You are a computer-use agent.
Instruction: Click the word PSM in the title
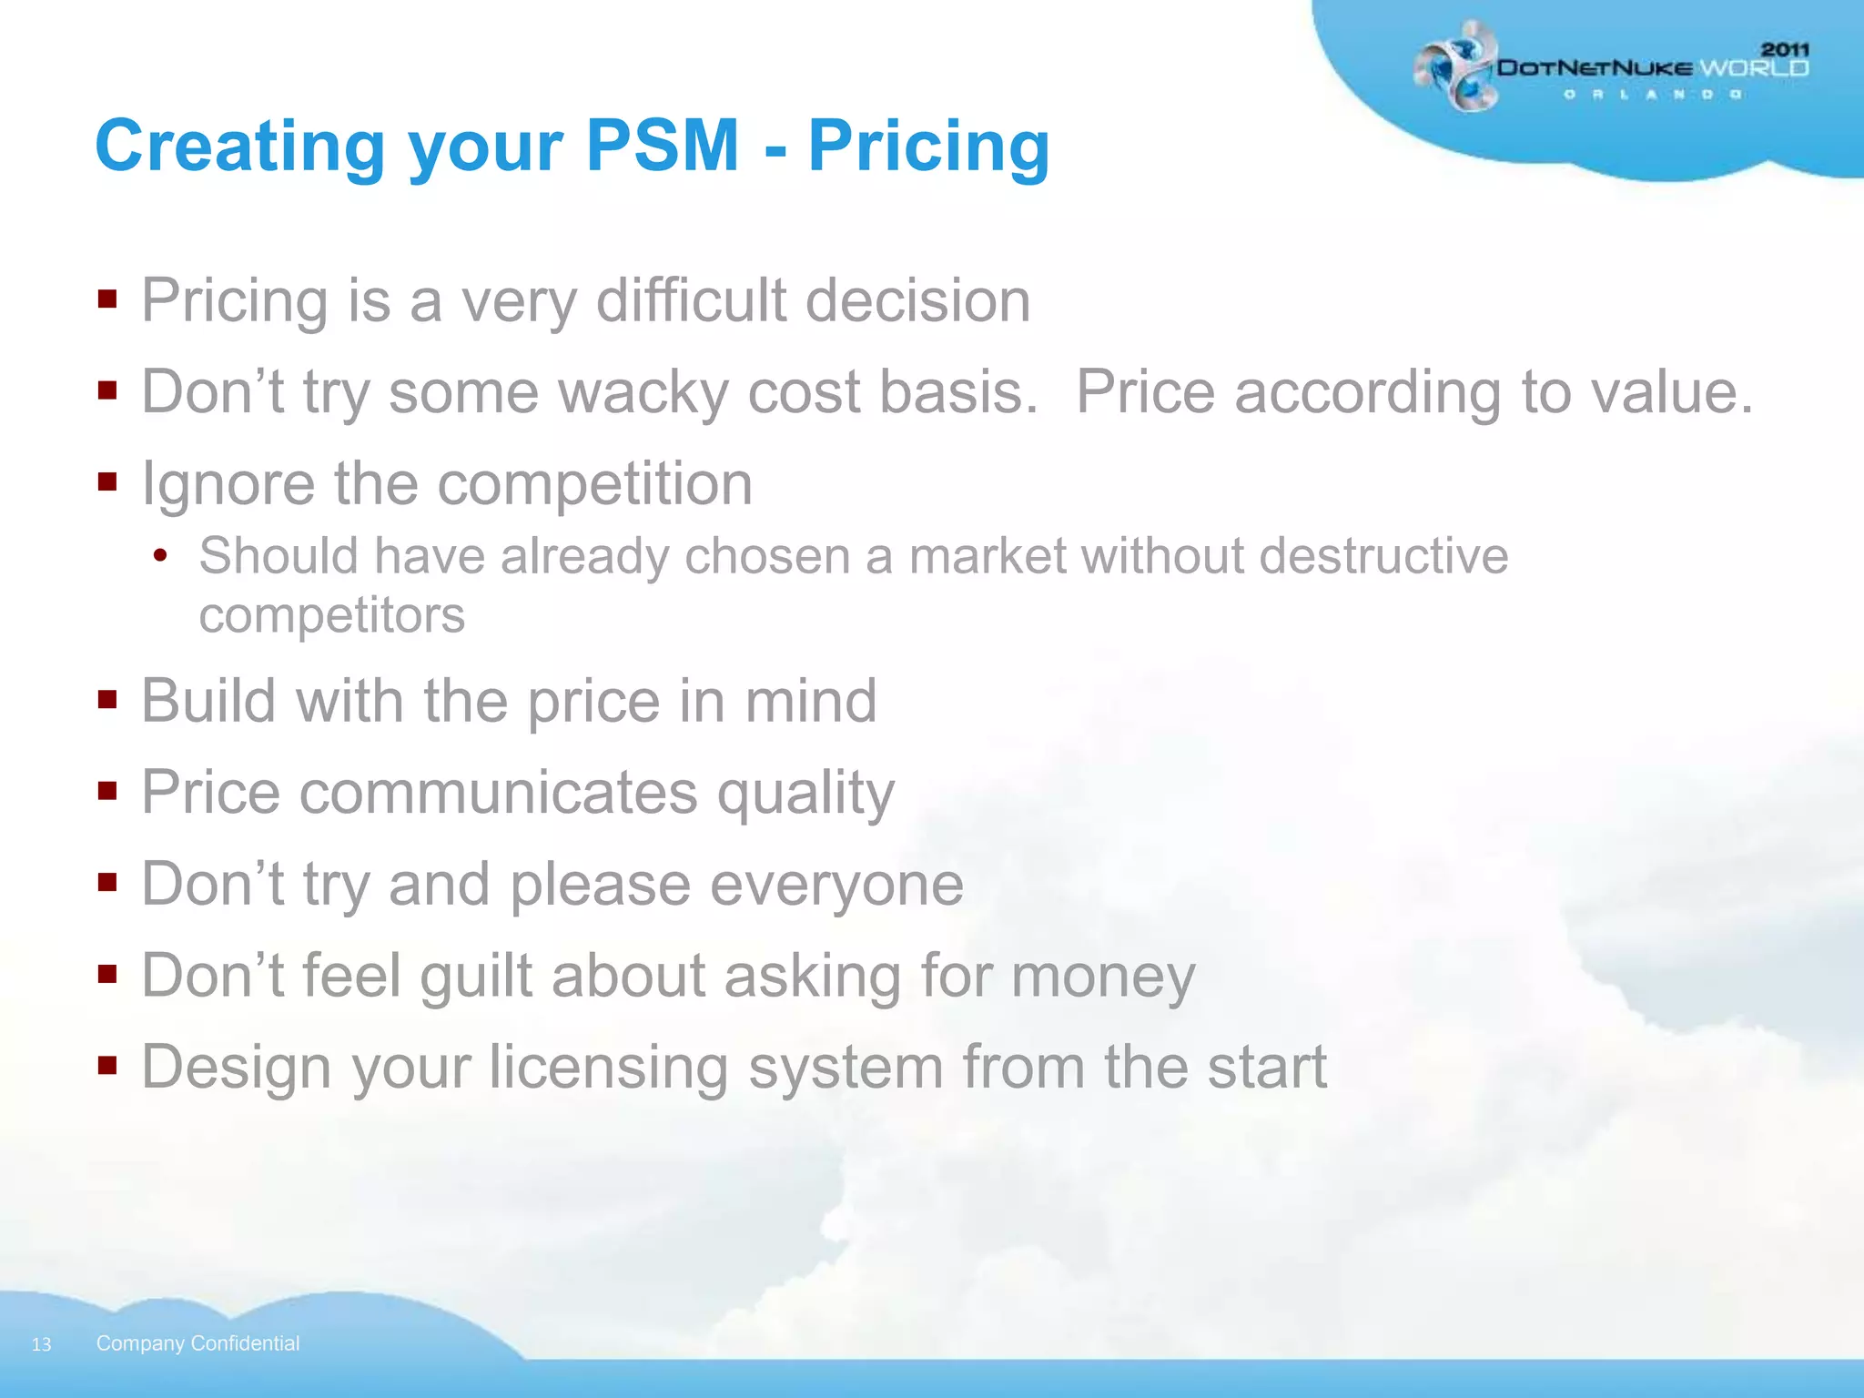tap(662, 146)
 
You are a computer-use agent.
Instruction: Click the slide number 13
tap(41, 1344)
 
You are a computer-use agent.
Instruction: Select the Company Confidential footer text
tap(198, 1343)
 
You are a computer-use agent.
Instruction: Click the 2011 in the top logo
tap(1785, 49)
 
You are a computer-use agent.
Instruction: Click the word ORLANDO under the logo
tap(1652, 95)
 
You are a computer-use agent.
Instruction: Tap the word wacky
tap(643, 392)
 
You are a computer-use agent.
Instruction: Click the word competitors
tap(332, 615)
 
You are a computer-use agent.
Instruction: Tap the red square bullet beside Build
tap(107, 699)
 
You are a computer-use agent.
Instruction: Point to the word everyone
tap(836, 885)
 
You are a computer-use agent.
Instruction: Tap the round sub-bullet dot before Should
tap(161, 555)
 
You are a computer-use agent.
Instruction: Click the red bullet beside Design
tap(107, 1064)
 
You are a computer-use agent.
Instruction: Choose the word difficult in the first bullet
tap(691, 300)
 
